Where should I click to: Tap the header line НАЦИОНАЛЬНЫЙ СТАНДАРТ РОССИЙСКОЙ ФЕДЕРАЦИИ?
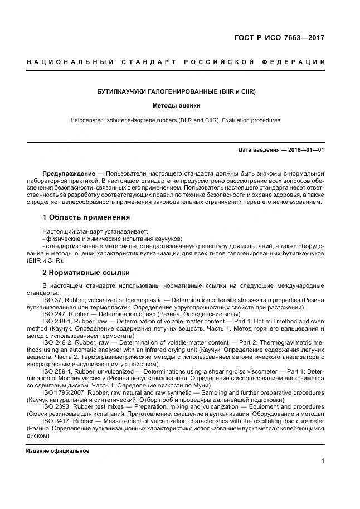coord(176,61)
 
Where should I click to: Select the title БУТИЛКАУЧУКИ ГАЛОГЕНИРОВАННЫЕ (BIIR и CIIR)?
coord(176,91)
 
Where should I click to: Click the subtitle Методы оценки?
coord(176,105)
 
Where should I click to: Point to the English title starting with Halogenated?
coord(176,120)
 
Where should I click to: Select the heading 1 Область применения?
coord(86,217)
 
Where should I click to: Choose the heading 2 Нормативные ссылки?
coord(86,273)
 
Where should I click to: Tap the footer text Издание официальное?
coord(57,450)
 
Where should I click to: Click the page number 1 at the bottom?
coord(323,460)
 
